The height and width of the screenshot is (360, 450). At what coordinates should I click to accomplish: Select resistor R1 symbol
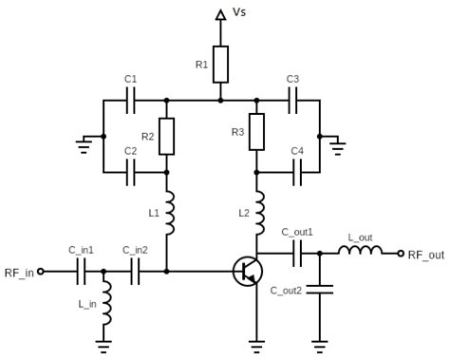click(220, 64)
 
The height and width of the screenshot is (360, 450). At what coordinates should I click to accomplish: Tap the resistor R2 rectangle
click(167, 136)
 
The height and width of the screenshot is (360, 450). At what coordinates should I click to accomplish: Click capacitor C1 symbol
click(131, 99)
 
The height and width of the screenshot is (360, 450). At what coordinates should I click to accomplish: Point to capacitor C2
click(131, 172)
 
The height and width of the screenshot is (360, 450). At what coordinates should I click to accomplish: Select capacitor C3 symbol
click(292, 99)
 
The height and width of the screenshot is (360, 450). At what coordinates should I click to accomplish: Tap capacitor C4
click(296, 172)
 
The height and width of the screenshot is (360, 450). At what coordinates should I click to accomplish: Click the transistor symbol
click(248, 271)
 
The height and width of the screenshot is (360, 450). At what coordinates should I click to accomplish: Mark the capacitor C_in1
click(81, 272)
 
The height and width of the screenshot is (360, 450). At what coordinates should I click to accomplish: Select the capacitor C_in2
click(135, 272)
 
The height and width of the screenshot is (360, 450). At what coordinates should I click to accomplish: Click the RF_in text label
click(18, 273)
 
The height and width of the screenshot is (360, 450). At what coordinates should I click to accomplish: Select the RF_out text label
click(426, 255)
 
